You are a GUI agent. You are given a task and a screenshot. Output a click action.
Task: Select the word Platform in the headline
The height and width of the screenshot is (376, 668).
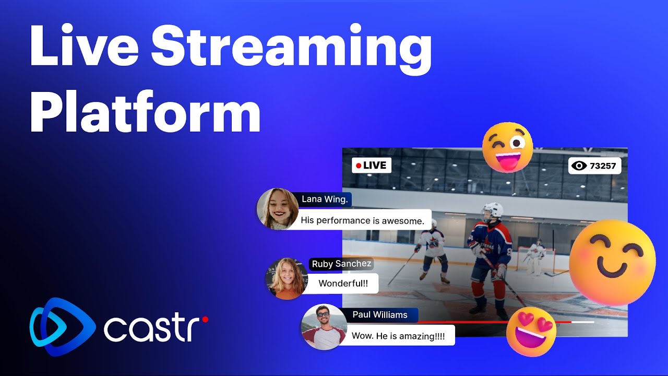coord(145,113)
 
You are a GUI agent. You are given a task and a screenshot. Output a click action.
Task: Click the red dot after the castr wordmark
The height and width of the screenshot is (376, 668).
coord(205,319)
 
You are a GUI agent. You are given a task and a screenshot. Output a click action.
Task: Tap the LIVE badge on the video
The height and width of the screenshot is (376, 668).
coord(371,166)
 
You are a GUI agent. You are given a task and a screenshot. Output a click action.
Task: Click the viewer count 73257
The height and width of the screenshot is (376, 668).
coord(603,166)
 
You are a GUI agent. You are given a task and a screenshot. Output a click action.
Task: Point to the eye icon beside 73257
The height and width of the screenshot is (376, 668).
coord(579,166)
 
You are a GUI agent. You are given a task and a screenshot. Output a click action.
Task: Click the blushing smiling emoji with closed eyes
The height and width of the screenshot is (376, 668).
coord(612,262)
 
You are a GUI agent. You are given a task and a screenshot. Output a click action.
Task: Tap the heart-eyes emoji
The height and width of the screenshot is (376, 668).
coord(531,332)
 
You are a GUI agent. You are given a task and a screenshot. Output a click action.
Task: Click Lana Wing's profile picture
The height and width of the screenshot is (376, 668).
coord(278,209)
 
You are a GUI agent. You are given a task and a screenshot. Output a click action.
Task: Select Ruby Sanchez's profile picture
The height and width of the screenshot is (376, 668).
coord(286,278)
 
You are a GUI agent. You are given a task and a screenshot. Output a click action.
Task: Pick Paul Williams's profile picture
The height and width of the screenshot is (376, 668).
coord(324,326)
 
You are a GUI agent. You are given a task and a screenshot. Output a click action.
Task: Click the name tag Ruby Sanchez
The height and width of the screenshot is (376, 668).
coord(341,264)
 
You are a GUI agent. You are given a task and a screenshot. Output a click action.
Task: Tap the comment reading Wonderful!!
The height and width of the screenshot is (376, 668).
coord(343,284)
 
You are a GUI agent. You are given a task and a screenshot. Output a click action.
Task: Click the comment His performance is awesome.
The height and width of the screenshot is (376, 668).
coord(363,220)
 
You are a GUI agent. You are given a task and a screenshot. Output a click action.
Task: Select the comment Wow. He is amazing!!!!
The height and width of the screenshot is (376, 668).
coord(398,336)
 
